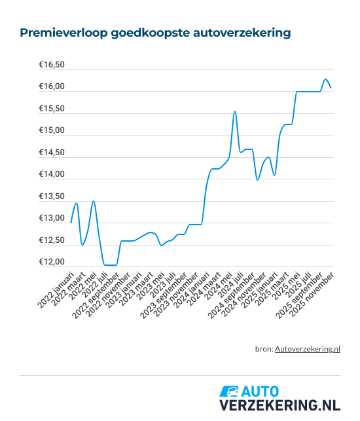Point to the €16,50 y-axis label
(x=52, y=65)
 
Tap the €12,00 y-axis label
(x=52, y=263)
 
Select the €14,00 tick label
(x=52, y=175)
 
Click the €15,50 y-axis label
(x=52, y=109)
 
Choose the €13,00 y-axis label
(x=52, y=219)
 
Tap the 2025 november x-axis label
(x=315, y=291)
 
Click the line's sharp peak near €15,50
(x=235, y=112)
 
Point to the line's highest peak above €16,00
(x=325, y=79)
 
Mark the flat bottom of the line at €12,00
(x=111, y=265)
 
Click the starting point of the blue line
(x=71, y=223)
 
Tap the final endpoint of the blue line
(x=331, y=87)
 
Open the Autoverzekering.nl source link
(x=308, y=350)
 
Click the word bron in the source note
(x=263, y=350)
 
